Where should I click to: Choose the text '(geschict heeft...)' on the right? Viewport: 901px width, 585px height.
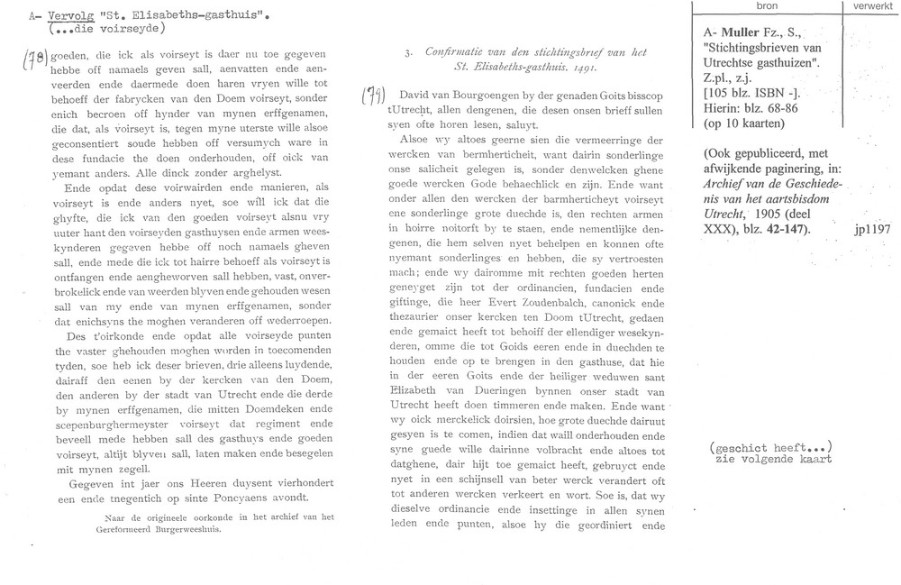coord(769,447)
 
